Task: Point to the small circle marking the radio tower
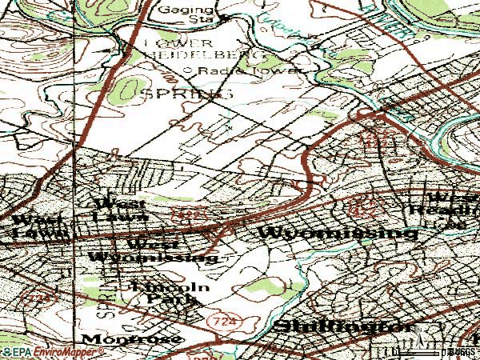pyautogui.click(x=189, y=70)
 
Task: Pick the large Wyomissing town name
pyautogui.click(x=338, y=233)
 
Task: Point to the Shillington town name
pyautogui.click(x=345, y=327)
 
